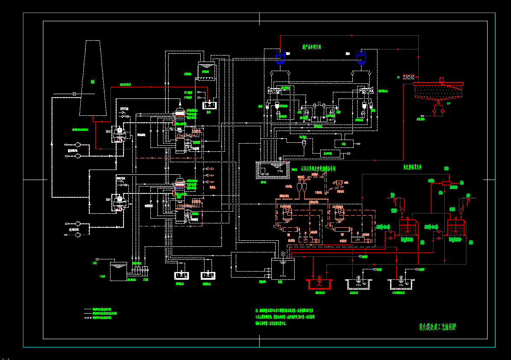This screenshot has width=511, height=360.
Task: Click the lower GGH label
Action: (109, 200)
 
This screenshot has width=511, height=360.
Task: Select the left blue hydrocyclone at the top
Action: (280, 57)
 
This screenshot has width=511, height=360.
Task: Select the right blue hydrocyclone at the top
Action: (360, 57)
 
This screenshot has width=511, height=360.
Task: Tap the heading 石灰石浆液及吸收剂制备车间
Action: (318, 168)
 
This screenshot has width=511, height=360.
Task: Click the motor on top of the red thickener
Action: (442, 79)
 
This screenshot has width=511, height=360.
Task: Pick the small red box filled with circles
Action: (408, 77)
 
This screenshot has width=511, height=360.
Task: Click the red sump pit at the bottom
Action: (319, 285)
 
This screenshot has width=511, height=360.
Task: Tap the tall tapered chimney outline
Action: (93, 78)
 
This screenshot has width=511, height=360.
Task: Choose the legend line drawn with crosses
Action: (88, 318)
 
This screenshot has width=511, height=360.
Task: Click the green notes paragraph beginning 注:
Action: (286, 317)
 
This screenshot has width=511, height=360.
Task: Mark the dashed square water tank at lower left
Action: (118, 271)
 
